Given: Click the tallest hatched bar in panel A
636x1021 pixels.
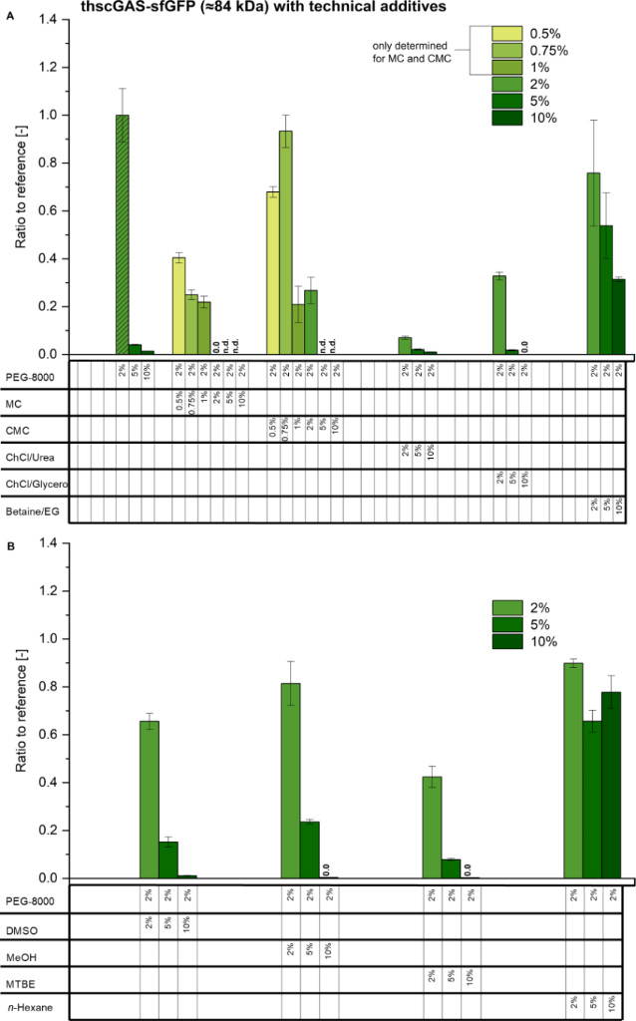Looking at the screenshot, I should [x=122, y=234].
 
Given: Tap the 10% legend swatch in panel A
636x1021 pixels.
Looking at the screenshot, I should [x=511, y=118].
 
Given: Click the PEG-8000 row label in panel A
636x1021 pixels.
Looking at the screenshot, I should [x=30, y=377].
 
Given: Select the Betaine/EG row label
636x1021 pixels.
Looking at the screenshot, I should [x=34, y=509].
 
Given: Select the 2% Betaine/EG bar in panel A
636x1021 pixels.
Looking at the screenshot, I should [x=593, y=263].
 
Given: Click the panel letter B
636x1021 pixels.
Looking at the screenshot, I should [x=10, y=547].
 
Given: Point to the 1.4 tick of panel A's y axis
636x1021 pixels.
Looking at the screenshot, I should [x=53, y=20].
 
